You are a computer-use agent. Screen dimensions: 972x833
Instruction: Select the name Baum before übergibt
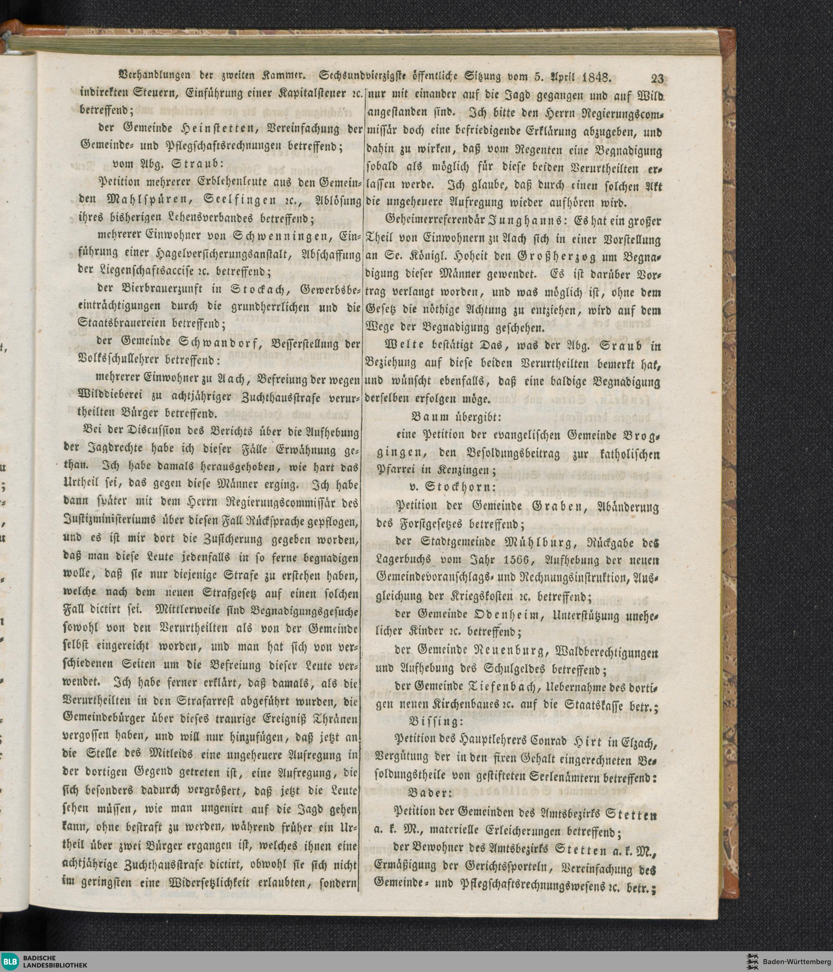coord(426,416)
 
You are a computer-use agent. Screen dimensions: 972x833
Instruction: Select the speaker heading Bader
coord(429,792)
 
